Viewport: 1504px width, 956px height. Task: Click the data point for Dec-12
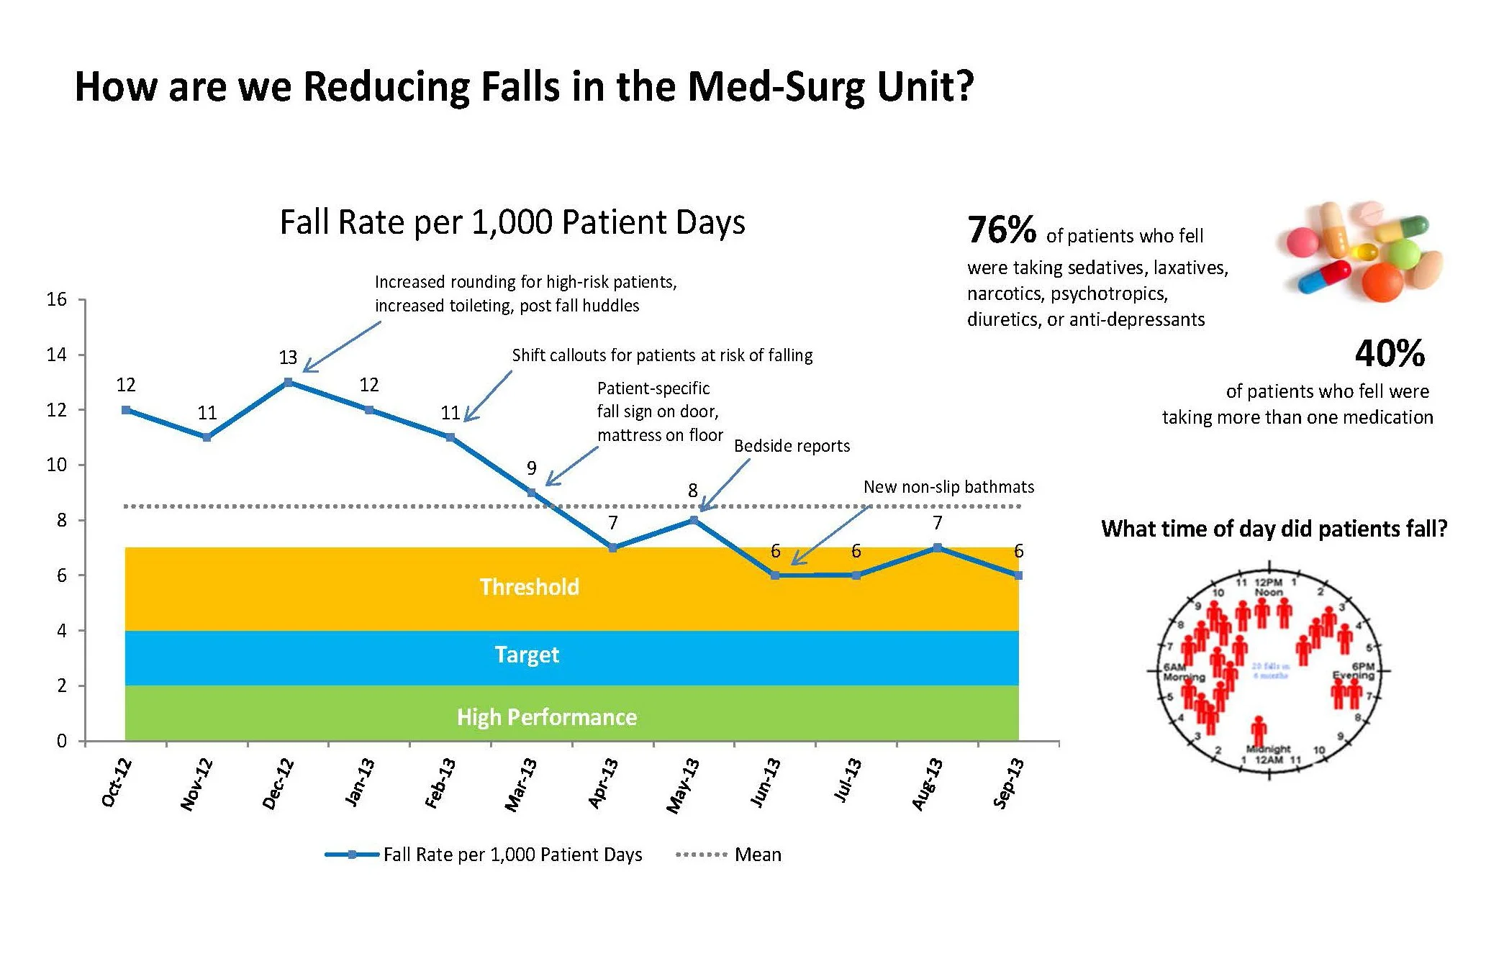(288, 382)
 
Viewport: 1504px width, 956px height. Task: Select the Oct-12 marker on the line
(126, 410)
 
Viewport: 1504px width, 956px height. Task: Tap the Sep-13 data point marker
(1018, 575)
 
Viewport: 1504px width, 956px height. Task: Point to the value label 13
(288, 358)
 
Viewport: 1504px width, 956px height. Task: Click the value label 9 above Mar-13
(531, 468)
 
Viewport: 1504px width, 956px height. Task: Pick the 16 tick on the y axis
(57, 299)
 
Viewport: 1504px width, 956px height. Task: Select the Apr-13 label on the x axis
(603, 783)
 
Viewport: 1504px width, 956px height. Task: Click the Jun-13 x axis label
(765, 783)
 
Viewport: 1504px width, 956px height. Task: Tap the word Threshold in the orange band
(529, 587)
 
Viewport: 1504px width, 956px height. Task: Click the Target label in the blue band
(527, 655)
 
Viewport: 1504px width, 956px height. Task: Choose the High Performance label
(547, 717)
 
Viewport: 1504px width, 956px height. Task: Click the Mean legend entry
(757, 855)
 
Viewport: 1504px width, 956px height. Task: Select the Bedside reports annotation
(792, 446)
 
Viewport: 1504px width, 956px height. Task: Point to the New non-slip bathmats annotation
(948, 487)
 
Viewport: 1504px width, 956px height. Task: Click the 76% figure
(1001, 230)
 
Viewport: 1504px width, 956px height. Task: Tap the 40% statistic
(1390, 353)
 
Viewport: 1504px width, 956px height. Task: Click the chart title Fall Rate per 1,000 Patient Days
(512, 222)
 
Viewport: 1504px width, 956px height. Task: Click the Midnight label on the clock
(1268, 749)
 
